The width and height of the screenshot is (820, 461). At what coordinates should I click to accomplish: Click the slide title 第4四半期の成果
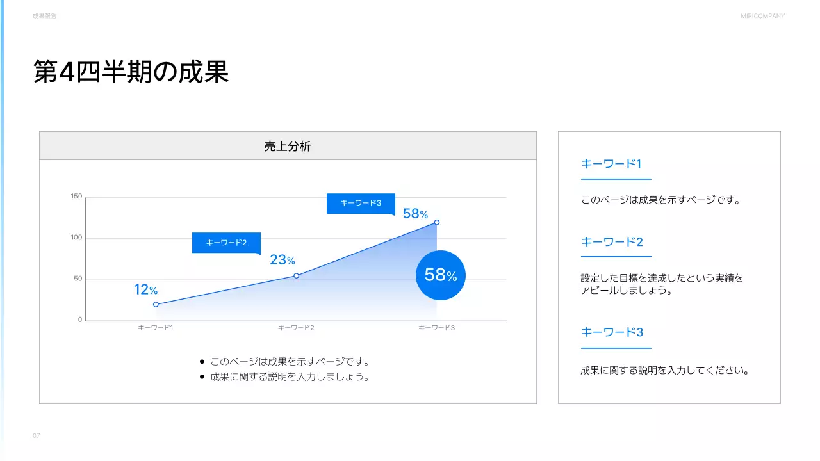pyautogui.click(x=131, y=72)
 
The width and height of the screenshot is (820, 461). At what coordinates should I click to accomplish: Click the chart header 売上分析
pyautogui.click(x=288, y=146)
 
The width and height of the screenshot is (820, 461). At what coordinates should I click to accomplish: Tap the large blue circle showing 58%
pyautogui.click(x=440, y=275)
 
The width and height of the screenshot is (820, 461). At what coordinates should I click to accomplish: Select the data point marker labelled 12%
pyautogui.click(x=156, y=305)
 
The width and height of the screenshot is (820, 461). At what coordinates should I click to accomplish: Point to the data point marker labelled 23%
pyautogui.click(x=296, y=276)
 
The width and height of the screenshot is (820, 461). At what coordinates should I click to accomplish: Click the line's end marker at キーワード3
pyautogui.click(x=437, y=223)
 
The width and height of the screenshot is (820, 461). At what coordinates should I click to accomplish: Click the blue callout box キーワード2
pyautogui.click(x=226, y=243)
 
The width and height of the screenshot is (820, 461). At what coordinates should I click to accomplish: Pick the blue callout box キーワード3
pyautogui.click(x=361, y=203)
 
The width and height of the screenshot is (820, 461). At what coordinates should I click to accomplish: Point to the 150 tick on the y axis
pyautogui.click(x=77, y=197)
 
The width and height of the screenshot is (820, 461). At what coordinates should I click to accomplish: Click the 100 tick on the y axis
pyautogui.click(x=77, y=238)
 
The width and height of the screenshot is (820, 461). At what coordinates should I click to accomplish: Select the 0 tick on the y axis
pyautogui.click(x=80, y=320)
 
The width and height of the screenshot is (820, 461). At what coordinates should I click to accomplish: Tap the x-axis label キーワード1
pyautogui.click(x=156, y=328)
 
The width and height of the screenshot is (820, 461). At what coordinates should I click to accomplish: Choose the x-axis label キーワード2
pyautogui.click(x=296, y=328)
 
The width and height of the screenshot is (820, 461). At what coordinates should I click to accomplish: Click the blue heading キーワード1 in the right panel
pyautogui.click(x=611, y=164)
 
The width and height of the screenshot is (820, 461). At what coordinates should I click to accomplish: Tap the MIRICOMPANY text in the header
pyautogui.click(x=762, y=16)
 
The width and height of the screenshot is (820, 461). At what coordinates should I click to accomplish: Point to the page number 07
pyautogui.click(x=37, y=436)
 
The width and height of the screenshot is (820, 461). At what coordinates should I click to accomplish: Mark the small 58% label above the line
pyautogui.click(x=415, y=214)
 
